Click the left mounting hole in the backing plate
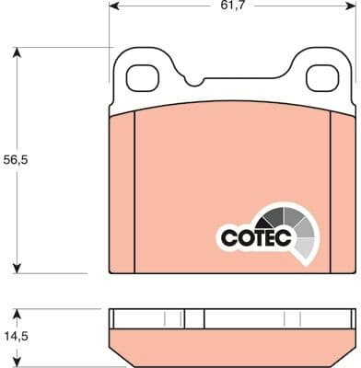click(x=142, y=79)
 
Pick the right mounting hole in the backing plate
click(x=319, y=79)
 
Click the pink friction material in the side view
click(x=230, y=347)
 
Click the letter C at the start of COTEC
click(x=227, y=238)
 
